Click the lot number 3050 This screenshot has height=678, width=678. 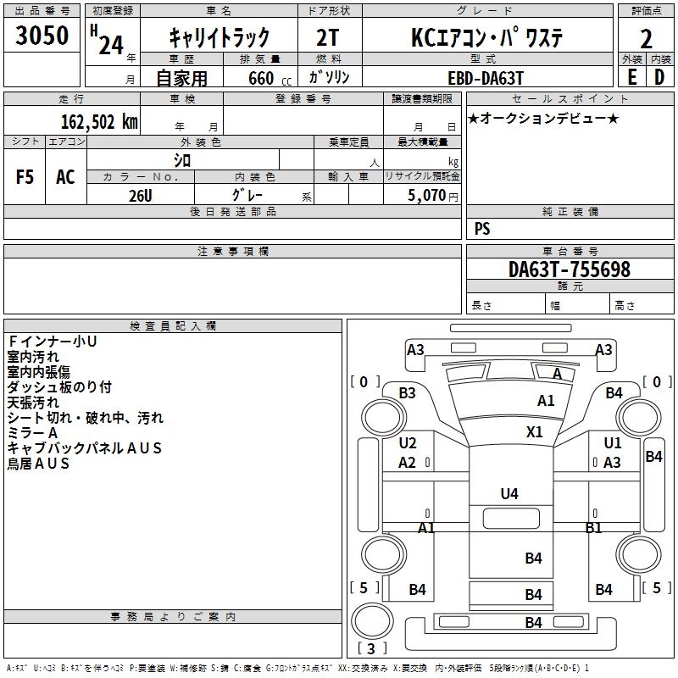click(x=42, y=36)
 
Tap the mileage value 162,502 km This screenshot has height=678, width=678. click(x=99, y=121)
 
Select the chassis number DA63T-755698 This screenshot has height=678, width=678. click(x=570, y=270)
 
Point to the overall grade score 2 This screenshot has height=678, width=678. click(x=647, y=38)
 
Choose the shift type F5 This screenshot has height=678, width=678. click(x=25, y=177)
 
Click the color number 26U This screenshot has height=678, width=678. click(x=141, y=194)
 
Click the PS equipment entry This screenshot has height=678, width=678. click(x=482, y=229)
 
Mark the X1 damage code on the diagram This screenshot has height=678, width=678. click(x=535, y=431)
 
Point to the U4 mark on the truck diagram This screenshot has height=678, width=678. click(x=509, y=493)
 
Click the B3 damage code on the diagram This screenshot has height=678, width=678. click(x=408, y=392)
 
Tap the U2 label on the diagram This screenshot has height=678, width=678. click(x=408, y=443)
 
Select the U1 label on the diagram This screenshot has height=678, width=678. click(x=612, y=443)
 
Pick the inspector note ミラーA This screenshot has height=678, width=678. click(x=32, y=433)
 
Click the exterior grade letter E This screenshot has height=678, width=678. click(x=631, y=76)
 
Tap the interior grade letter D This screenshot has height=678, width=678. click(x=659, y=76)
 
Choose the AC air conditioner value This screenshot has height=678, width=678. click(x=65, y=177)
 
